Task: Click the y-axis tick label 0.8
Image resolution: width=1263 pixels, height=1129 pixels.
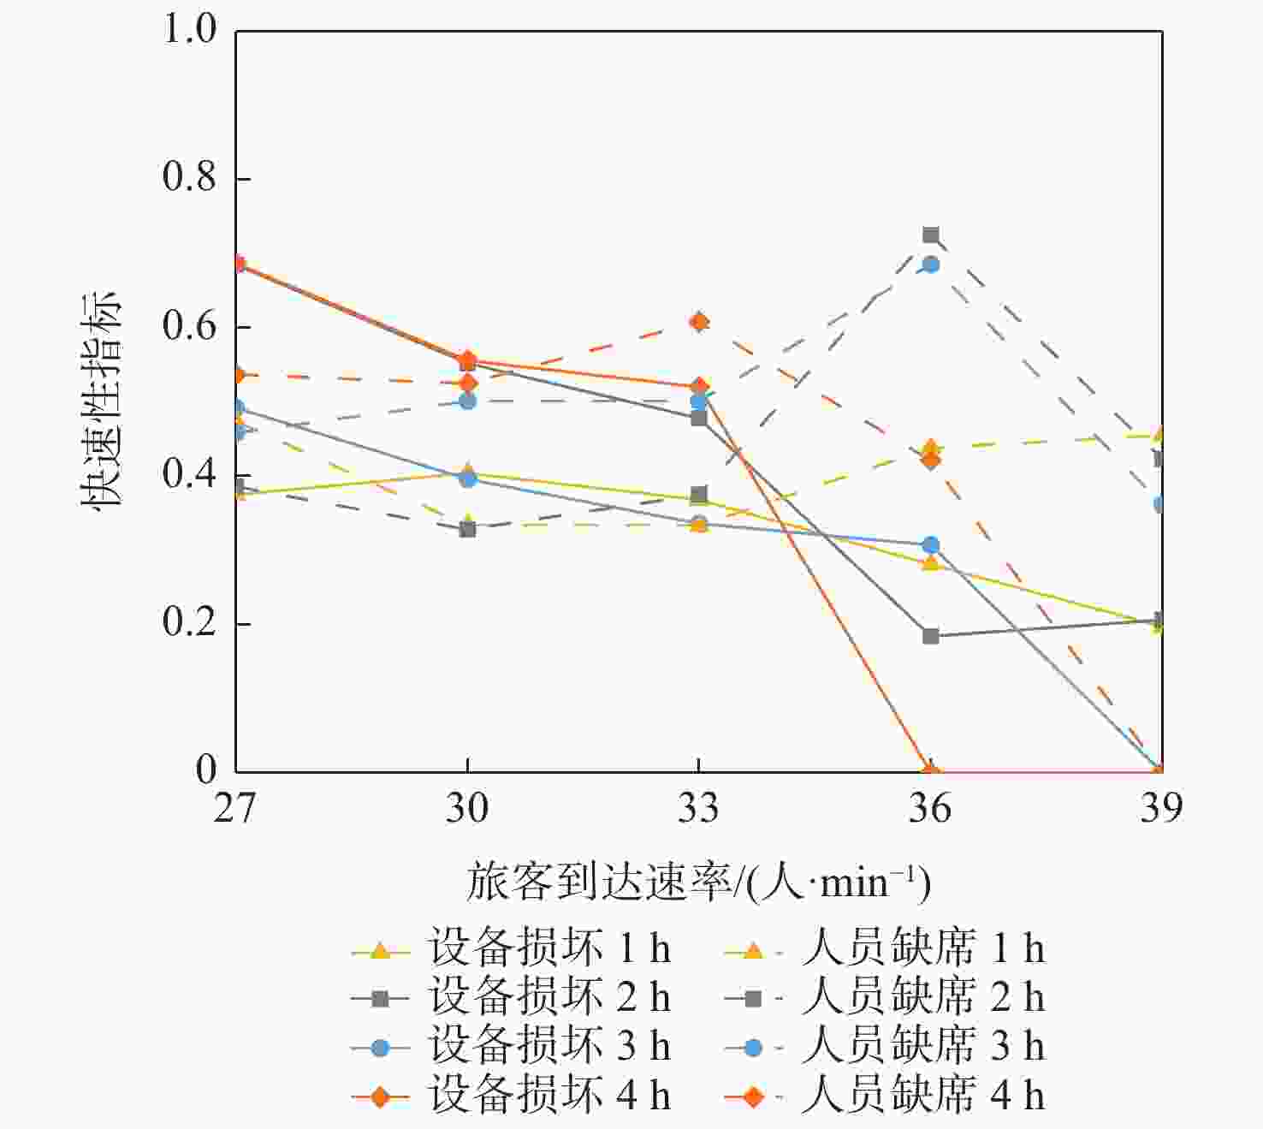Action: coord(189,178)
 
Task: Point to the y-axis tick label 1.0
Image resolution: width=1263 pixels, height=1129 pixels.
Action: coord(189,30)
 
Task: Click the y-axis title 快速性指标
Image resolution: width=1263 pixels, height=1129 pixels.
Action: coord(102,401)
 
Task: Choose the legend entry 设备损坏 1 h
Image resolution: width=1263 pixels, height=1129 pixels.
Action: coord(512,948)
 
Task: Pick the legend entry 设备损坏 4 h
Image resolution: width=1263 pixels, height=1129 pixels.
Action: coord(512,1096)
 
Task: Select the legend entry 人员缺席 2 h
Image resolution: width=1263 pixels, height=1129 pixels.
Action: coord(885,997)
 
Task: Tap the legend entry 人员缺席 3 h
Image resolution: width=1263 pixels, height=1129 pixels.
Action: coord(885,1046)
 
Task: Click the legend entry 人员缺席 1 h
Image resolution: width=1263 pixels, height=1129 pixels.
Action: coord(885,948)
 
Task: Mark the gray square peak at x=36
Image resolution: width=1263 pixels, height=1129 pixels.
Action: coord(931,235)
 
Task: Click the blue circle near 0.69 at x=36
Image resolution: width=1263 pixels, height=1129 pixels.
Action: coord(931,264)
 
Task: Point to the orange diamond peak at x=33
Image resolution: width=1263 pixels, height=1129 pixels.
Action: coord(699,322)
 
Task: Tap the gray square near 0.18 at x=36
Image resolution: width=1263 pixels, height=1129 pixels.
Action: coord(931,636)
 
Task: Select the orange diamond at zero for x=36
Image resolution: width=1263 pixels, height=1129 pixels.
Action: coord(931,770)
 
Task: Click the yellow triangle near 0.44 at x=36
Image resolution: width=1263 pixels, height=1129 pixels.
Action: coord(931,448)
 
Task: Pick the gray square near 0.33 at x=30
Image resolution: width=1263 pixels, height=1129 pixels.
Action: coord(467,529)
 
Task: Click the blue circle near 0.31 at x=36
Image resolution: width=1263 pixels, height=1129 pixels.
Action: coord(931,545)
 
